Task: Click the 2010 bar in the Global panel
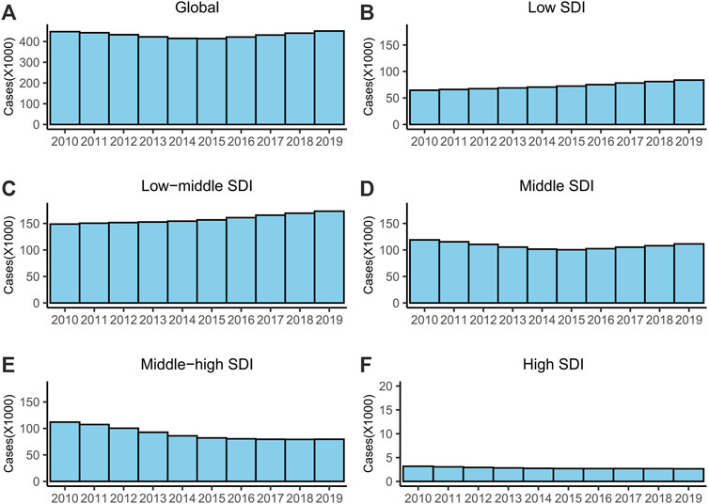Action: pyautogui.click(x=64, y=78)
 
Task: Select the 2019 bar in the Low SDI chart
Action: pyautogui.click(x=688, y=102)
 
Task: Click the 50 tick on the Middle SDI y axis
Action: pyautogui.click(x=394, y=276)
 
